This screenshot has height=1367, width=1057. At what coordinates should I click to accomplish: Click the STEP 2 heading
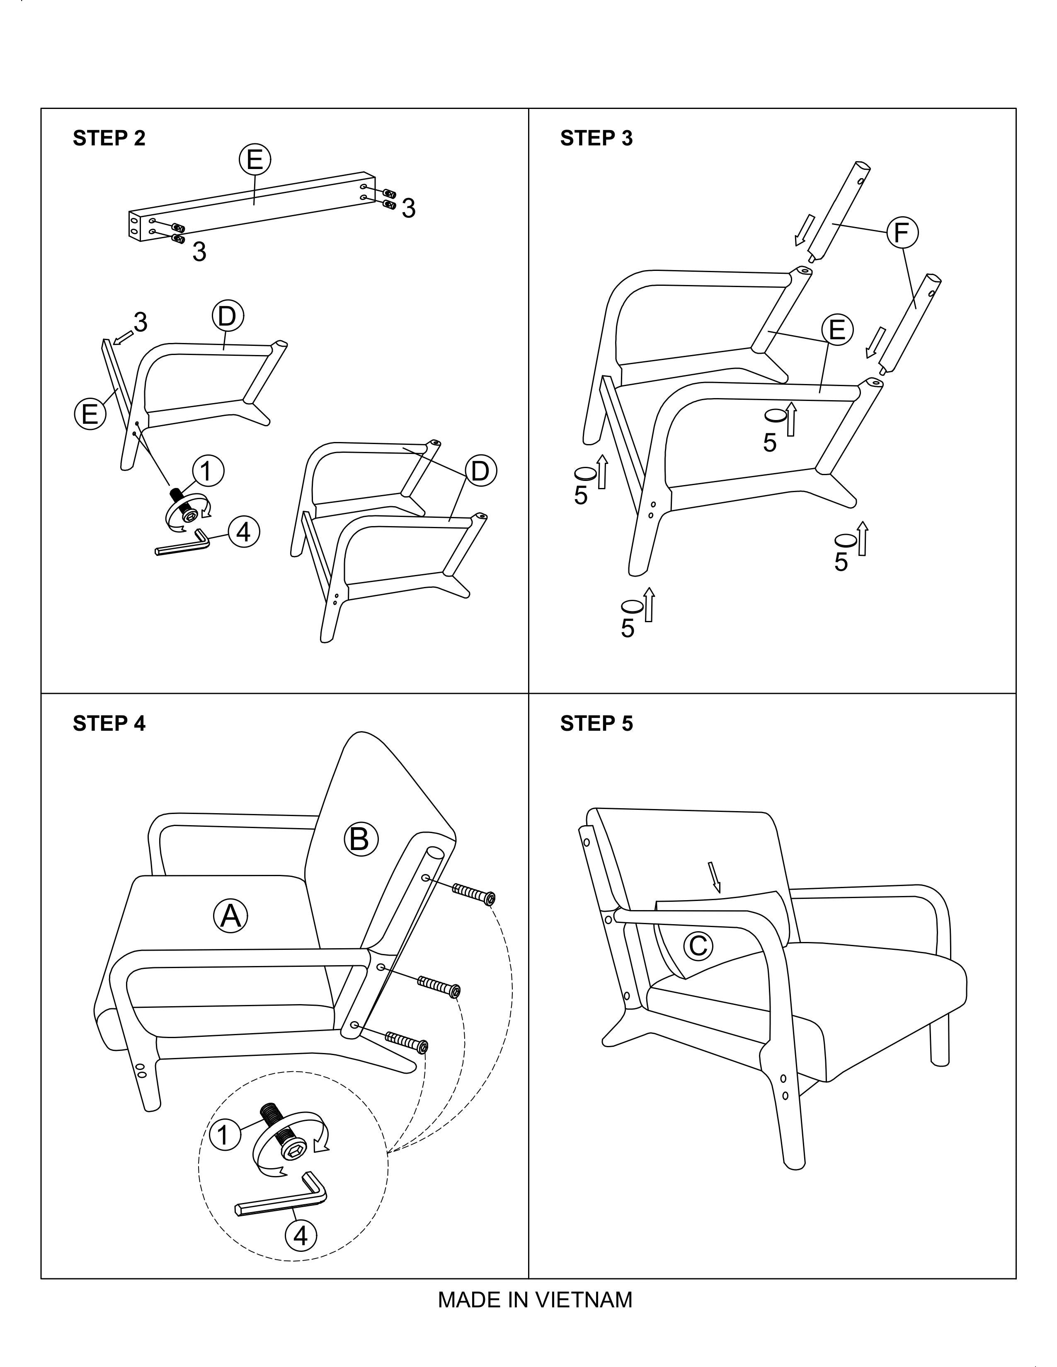[109, 138]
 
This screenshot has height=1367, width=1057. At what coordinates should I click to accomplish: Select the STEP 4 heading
[109, 724]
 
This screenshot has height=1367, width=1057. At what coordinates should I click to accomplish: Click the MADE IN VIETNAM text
[535, 1300]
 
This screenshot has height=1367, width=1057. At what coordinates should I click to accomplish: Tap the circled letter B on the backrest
[361, 839]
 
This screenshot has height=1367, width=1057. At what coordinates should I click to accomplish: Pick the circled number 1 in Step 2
[208, 471]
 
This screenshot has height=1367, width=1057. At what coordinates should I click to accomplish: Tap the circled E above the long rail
[254, 160]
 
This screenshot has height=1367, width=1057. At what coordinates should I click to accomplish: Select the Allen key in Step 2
[182, 542]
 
